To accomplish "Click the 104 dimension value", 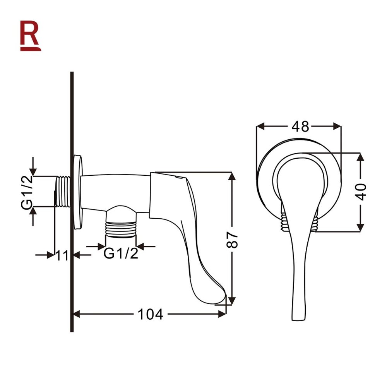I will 150,314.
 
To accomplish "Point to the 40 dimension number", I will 361,192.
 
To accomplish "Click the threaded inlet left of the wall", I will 62,192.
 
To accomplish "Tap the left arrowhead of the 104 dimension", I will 76,314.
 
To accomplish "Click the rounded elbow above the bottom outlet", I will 121,211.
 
